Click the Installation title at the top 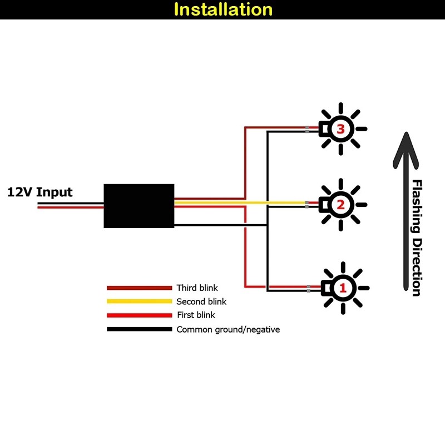point(223,9)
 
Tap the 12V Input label point(40,192)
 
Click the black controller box point(139,205)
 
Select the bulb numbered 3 point(340,129)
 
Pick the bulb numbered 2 point(340,205)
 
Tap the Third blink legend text point(197,288)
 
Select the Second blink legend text point(201,301)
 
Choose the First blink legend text point(196,315)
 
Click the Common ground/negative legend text point(228,329)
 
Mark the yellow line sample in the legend point(139,301)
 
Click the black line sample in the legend point(139,329)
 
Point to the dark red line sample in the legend point(139,288)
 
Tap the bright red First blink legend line point(139,315)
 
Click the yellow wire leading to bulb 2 point(278,202)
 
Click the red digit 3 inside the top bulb point(341,129)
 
